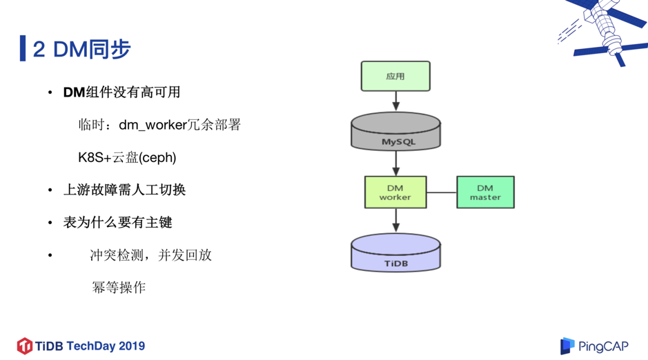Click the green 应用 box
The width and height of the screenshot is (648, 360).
point(395,76)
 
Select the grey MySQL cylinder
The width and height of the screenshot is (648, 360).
point(395,132)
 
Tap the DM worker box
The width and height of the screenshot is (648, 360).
point(395,192)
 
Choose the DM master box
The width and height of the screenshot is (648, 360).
point(485,192)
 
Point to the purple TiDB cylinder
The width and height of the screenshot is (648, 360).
point(395,254)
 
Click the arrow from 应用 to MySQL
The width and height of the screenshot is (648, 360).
point(396,101)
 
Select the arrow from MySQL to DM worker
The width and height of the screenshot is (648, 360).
point(396,163)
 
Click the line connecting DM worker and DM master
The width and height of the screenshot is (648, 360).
point(442,192)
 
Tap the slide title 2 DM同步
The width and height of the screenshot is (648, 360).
point(81,49)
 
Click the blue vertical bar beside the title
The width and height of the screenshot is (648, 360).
point(23,49)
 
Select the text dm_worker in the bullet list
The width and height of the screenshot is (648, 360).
point(153,125)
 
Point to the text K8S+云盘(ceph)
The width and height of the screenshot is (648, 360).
point(127,157)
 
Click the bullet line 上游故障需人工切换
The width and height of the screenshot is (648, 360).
point(124,190)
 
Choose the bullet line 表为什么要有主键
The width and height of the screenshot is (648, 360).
point(117,222)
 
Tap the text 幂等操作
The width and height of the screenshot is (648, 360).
point(119,287)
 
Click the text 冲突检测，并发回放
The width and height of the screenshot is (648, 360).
point(150,255)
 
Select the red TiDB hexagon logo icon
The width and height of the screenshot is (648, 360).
point(25,346)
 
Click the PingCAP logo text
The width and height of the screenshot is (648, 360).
point(603,346)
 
